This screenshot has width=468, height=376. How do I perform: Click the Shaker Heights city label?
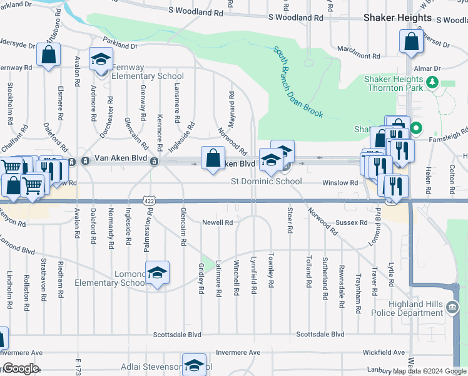(x=397, y=18)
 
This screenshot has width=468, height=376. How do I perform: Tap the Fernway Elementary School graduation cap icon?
(x=99, y=60)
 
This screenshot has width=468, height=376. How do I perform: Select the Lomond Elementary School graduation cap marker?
(x=157, y=273)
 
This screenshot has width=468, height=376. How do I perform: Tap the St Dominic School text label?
(x=266, y=182)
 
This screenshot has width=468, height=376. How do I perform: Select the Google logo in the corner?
(x=20, y=368)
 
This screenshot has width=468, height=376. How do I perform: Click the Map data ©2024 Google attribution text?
(x=429, y=372)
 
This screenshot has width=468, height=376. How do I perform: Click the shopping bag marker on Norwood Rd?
(x=213, y=157)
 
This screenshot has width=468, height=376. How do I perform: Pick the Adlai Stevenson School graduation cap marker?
(x=195, y=365)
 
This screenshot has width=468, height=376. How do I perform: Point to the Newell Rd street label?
(x=217, y=222)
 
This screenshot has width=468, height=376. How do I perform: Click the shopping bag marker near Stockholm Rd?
(x=48, y=55)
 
